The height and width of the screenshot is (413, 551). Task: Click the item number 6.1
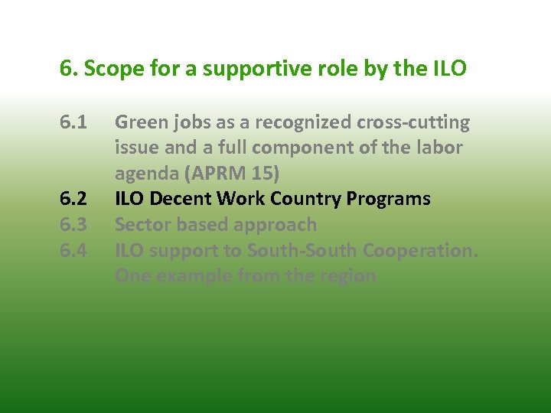point(73,123)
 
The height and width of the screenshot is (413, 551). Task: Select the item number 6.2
point(73,200)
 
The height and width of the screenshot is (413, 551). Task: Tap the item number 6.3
point(73,225)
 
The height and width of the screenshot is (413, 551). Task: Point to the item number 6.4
point(73,251)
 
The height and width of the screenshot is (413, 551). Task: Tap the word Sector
point(142,225)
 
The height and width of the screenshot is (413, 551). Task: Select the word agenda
point(146,174)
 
